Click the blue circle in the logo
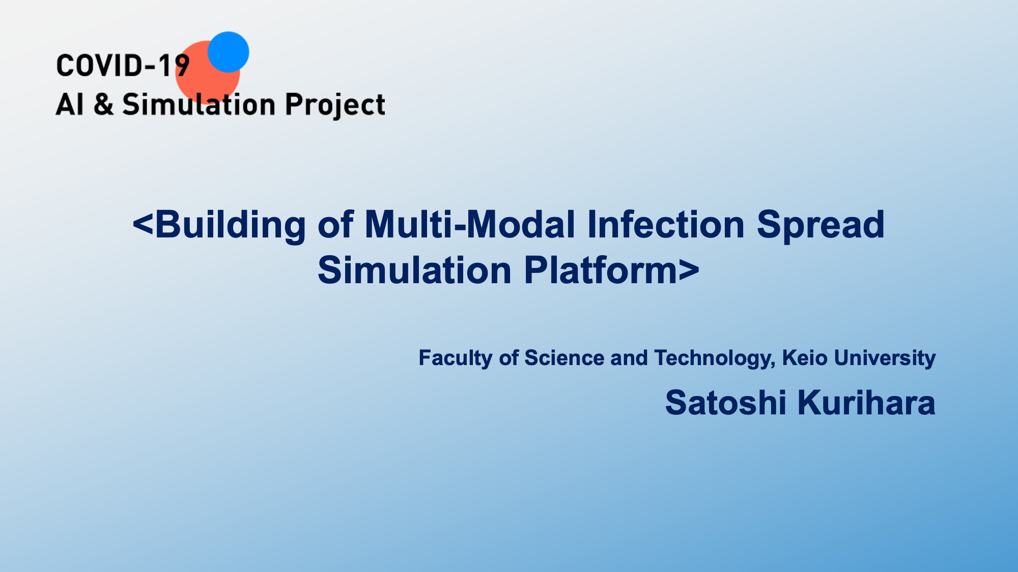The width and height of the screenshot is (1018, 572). point(228,52)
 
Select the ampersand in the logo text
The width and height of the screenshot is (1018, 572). point(104,104)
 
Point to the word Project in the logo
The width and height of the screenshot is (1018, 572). point(335,106)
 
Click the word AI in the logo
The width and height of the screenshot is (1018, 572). point(70,104)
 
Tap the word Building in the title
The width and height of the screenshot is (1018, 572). point(231,225)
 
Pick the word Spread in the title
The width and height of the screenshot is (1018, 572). point(821,225)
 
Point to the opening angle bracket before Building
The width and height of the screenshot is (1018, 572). point(143,225)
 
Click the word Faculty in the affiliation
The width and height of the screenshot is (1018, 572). point(456,358)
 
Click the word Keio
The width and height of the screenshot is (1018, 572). point(805,358)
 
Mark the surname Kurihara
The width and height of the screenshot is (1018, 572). point(866,403)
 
